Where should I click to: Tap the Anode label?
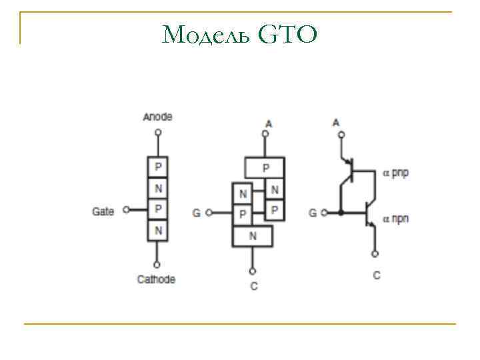point(158,117)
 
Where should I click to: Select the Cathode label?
point(157,279)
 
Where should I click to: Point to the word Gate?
point(103,211)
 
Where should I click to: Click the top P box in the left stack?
point(158,165)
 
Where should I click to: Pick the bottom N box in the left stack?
point(158,231)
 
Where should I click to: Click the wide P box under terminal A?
point(265,167)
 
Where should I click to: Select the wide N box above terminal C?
point(252,236)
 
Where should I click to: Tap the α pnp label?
point(396,173)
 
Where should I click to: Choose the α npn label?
point(396,218)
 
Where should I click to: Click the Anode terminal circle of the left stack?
point(158,132)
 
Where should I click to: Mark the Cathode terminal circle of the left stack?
point(158,264)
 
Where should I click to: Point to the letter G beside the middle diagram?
point(196,213)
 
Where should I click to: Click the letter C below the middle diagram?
point(253,286)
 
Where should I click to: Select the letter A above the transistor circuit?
point(335,123)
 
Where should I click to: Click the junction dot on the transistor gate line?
point(341,213)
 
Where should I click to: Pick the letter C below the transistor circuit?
point(377,275)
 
